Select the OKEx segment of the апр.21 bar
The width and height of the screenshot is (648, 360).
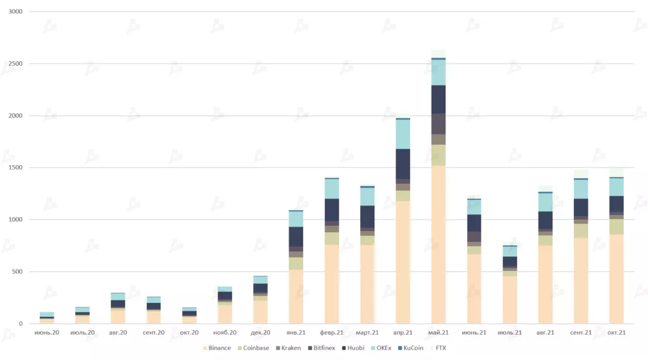click(x=403, y=133)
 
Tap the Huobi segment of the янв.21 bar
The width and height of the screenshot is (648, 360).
click(x=296, y=236)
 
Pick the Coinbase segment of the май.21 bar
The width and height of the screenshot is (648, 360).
click(x=439, y=155)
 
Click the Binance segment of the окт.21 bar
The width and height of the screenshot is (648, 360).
click(x=616, y=279)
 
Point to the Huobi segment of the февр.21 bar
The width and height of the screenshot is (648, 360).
click(x=332, y=210)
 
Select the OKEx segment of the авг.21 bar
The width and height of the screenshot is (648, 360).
click(x=545, y=202)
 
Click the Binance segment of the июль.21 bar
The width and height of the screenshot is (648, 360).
click(x=509, y=300)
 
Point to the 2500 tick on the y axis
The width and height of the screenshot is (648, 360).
click(x=15, y=64)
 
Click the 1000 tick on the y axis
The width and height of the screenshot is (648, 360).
click(x=15, y=220)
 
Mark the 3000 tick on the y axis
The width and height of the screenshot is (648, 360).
click(x=15, y=12)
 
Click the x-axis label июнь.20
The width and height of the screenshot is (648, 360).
click(x=47, y=333)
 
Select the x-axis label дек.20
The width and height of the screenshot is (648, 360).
click(x=261, y=333)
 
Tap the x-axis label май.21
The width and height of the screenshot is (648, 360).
click(x=439, y=333)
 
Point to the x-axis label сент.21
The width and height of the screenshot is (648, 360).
click(x=580, y=333)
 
